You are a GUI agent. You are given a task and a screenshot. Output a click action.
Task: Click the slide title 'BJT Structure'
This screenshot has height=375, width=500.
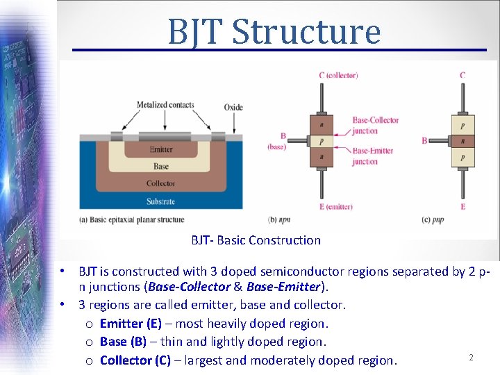[x=274, y=31]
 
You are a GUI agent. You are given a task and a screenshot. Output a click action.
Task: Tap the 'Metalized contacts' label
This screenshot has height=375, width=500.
[x=165, y=106]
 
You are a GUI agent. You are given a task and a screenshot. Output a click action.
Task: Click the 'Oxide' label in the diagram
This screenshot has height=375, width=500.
[x=233, y=107]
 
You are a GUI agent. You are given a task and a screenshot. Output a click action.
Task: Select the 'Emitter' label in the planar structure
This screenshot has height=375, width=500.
[x=161, y=150]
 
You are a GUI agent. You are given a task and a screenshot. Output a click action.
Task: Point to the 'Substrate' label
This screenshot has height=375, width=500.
[x=161, y=201]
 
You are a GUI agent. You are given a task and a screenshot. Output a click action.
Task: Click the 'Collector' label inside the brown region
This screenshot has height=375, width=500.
[x=161, y=184]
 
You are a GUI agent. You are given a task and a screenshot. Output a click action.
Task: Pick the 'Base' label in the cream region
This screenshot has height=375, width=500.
[x=161, y=167]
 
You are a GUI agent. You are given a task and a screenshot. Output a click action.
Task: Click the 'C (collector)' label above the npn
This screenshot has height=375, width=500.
[x=338, y=75]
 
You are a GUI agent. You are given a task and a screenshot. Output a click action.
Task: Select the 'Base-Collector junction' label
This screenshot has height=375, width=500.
[x=375, y=125]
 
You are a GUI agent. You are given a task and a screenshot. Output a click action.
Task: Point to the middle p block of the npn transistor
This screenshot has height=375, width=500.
[x=321, y=141]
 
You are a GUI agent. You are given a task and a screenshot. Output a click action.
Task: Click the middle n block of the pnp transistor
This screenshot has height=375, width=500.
[x=463, y=141]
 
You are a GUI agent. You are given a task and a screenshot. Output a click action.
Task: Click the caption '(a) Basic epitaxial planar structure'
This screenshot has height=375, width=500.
[x=132, y=219]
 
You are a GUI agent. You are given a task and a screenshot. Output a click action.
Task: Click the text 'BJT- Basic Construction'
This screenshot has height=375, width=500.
[x=256, y=240]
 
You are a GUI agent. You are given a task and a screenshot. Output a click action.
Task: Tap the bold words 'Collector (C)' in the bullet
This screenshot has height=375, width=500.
[x=135, y=360]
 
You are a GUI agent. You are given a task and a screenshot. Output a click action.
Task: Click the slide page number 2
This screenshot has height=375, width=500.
[x=471, y=358]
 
